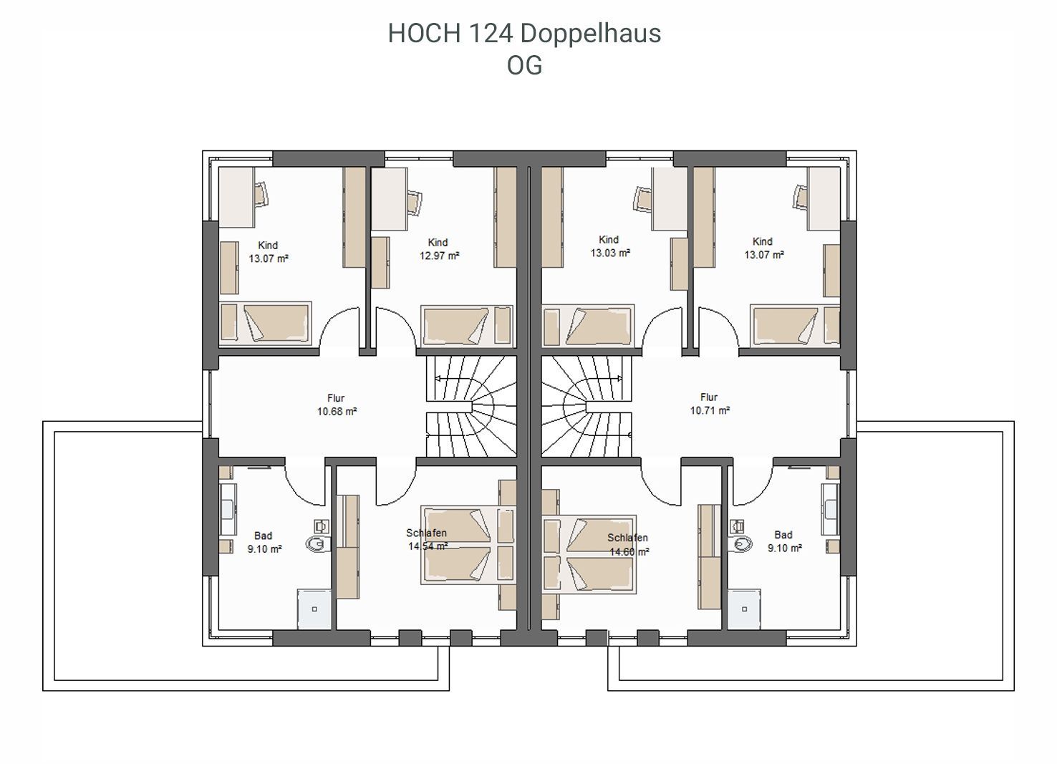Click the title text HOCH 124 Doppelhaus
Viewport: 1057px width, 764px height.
coord(524,34)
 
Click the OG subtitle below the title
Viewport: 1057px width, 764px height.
coord(524,66)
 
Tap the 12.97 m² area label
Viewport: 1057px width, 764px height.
coord(439,256)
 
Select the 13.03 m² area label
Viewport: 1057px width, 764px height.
coord(610,253)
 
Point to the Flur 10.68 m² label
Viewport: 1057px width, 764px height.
coord(337,405)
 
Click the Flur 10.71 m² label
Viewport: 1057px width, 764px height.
coord(710,404)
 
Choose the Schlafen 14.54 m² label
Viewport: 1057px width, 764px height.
coord(427,539)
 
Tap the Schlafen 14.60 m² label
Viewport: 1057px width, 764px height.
coord(628,545)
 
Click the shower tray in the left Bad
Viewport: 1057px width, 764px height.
coord(314,609)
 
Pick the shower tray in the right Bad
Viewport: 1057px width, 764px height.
coord(744,609)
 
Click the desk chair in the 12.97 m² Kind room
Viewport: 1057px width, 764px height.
coord(414,203)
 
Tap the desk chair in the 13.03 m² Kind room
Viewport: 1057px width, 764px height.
coord(643,198)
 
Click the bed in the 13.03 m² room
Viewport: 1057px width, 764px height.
coord(588,326)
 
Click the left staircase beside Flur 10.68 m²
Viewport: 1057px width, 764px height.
coord(471,406)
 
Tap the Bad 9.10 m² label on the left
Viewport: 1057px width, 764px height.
coord(264,542)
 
